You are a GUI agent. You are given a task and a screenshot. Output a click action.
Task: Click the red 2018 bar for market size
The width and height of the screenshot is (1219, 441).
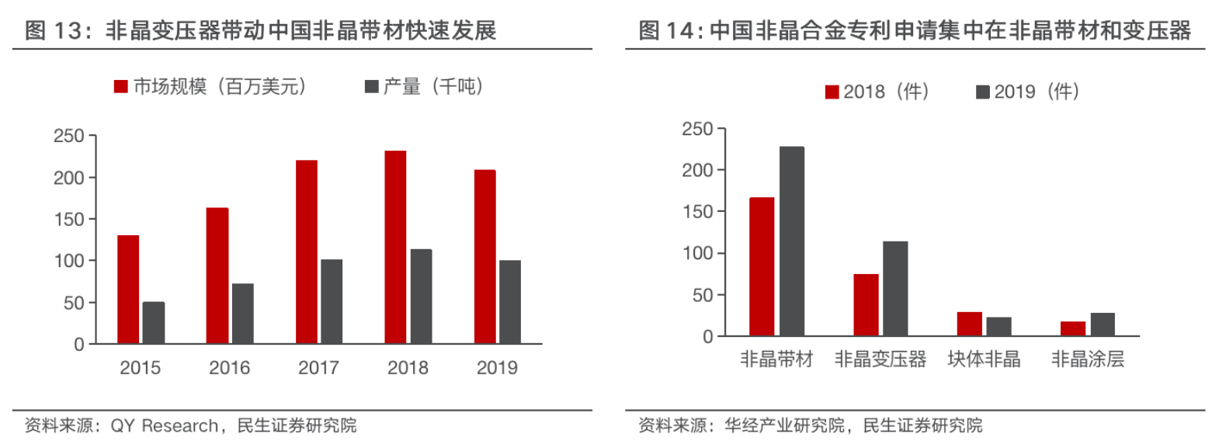(x=395, y=247)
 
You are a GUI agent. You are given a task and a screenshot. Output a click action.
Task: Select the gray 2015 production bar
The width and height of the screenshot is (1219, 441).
(x=154, y=323)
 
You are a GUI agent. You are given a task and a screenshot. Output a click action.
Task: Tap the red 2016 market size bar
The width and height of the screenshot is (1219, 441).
(x=217, y=276)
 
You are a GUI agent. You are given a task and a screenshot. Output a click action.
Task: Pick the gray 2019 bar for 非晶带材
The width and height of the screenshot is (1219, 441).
(x=792, y=241)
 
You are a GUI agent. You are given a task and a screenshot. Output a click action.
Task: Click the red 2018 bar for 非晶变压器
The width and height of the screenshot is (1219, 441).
(x=866, y=305)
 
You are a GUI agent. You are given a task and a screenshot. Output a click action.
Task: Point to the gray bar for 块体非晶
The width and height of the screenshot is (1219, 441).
(x=998, y=327)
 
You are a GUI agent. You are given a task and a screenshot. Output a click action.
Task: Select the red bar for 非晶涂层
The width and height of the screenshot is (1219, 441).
(x=1073, y=329)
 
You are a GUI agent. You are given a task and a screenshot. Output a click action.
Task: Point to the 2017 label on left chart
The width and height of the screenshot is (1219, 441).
(x=318, y=367)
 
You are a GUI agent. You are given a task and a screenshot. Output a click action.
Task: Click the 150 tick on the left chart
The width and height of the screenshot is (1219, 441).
(x=68, y=220)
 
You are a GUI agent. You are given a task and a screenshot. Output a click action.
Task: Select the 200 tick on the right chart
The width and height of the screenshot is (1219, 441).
(x=696, y=170)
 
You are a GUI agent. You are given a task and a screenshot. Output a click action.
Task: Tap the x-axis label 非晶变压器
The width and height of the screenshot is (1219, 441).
(x=880, y=359)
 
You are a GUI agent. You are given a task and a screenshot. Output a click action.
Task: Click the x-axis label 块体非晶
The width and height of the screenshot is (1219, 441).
(x=984, y=359)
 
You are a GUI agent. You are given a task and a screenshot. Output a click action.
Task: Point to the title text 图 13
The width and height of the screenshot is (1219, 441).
(x=54, y=31)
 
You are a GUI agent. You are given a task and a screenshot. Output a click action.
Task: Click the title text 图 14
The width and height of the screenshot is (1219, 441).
(x=667, y=31)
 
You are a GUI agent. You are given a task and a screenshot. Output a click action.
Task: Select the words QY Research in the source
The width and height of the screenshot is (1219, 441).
(x=165, y=425)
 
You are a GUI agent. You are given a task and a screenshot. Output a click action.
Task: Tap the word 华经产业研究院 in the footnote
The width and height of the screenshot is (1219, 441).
(x=784, y=425)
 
